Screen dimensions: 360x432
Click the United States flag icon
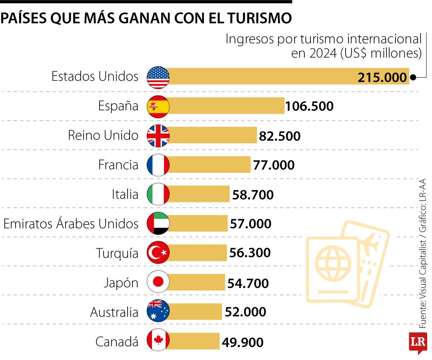[x=158, y=77]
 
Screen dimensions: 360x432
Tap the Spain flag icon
[x=158, y=106]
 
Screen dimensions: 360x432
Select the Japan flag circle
[x=158, y=282]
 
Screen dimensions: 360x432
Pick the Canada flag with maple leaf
[x=158, y=340]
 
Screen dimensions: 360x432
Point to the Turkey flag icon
[x=158, y=253]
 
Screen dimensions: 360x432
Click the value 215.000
[x=382, y=78]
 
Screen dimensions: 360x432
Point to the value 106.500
[x=309, y=107]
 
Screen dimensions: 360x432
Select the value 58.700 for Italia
[x=253, y=195]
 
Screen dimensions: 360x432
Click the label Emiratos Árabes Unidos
[x=71, y=224]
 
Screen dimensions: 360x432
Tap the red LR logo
[x=418, y=342]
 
